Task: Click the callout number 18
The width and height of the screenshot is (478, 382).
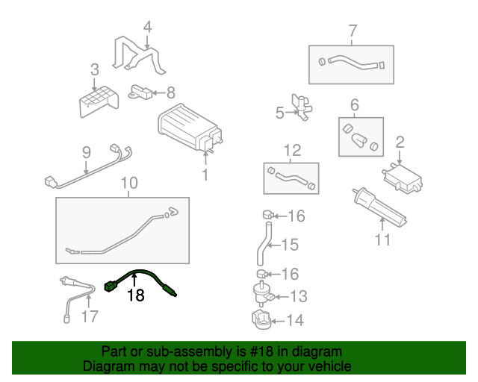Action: (135, 296)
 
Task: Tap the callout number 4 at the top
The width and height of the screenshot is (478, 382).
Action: (147, 28)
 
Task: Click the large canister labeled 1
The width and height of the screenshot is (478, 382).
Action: (187, 128)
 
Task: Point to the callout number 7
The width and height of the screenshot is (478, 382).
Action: (353, 31)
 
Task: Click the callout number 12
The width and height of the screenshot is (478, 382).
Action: (291, 150)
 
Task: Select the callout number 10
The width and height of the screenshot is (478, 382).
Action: (128, 183)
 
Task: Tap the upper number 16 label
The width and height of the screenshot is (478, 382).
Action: (297, 216)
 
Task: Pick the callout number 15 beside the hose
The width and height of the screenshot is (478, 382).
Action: (289, 245)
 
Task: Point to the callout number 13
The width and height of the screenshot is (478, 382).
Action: (297, 297)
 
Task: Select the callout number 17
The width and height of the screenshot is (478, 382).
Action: (90, 316)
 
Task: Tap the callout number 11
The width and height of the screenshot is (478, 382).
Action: (382, 240)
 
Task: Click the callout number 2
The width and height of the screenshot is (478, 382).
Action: (400, 142)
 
